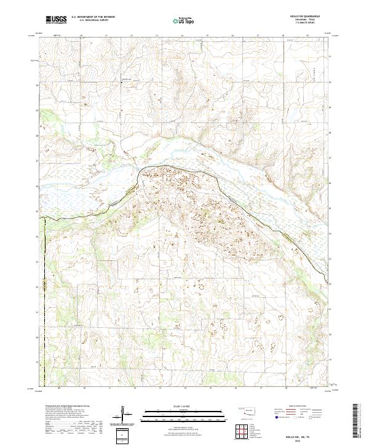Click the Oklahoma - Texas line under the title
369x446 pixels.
[x=312, y=22]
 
